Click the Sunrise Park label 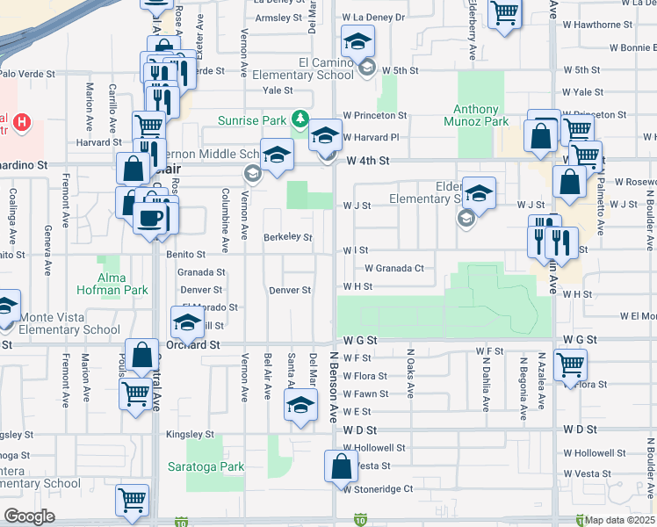pos(254,119)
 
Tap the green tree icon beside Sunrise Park pos(300,118)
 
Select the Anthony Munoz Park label pos(481,116)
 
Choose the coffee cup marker pos(153,217)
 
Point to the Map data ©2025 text pos(620,520)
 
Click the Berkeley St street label pos(288,237)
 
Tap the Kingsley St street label pos(191,434)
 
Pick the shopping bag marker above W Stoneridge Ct pos(340,466)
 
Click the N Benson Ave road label pos(334,386)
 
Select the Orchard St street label pos(193,345)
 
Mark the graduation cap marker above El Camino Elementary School pos(357,42)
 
